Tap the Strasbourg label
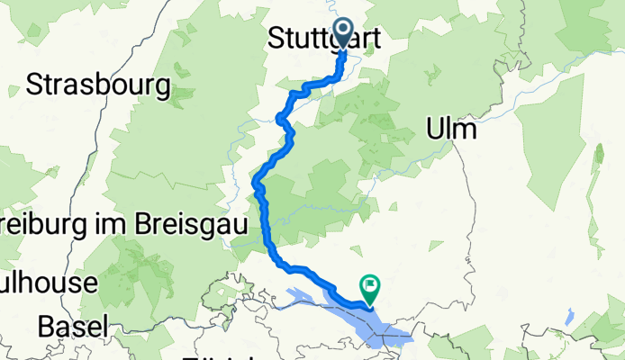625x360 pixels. click(99, 85)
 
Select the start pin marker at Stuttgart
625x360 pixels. click(344, 33)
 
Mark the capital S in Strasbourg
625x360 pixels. click(35, 85)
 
